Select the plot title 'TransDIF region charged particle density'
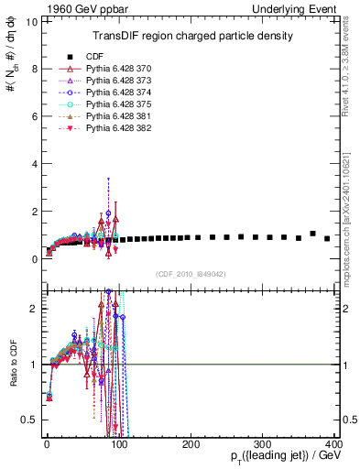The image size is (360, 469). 192,37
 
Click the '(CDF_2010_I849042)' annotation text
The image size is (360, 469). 191,272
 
